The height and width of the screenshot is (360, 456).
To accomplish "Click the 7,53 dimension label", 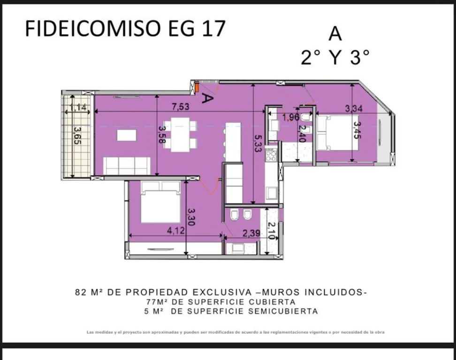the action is point(180,106).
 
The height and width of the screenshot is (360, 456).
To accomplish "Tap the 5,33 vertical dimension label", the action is point(258,143).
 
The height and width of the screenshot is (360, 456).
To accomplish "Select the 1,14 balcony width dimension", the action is point(78,107).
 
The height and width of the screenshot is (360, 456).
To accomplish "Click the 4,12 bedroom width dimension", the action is point(175,231).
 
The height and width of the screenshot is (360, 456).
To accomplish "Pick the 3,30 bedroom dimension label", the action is point(191,217).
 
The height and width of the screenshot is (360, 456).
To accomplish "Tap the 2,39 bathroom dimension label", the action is point(251,233).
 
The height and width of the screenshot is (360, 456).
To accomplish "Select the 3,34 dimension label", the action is point(354,109).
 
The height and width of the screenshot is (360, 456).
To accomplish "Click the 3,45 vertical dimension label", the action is point(357,130).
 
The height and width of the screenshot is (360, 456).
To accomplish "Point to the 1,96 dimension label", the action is point(291,117).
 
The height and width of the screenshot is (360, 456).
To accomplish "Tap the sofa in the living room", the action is point(127,166).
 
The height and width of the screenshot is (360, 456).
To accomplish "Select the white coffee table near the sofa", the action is point(127,135).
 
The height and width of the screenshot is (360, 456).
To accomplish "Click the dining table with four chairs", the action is point(180,135).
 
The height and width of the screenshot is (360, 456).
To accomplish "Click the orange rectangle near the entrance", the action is point(197,87).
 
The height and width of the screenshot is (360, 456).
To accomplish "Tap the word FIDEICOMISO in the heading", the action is point(93,28).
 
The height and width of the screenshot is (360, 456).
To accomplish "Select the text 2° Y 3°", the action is point(335,57).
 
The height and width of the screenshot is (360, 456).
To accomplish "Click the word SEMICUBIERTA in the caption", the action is point(283,311).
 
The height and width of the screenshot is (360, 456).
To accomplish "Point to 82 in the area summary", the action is point(81,292).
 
